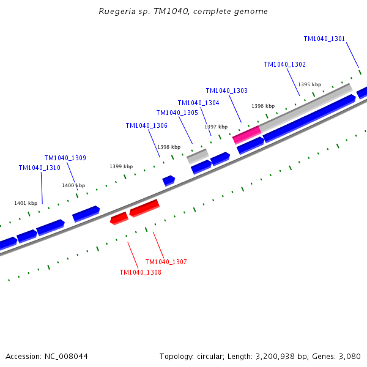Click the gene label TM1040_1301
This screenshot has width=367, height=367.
pyautogui.click(x=324, y=39)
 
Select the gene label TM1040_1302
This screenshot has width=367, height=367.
pyautogui.click(x=284, y=64)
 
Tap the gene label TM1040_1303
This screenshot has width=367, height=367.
pyautogui.click(x=226, y=91)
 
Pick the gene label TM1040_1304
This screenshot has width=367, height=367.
pyautogui.click(x=198, y=103)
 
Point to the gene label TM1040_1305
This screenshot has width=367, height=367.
pyautogui.click(x=177, y=113)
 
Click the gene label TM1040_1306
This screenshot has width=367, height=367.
pyautogui.click(x=146, y=125)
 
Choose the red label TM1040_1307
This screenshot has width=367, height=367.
pyautogui.click(x=166, y=262)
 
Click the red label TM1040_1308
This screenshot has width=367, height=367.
pyautogui.click(x=140, y=272)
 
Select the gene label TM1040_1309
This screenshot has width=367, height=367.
pyautogui.click(x=65, y=158)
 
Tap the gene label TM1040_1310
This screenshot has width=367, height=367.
pyautogui.click(x=39, y=168)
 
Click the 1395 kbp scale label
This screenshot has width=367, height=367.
pyautogui.click(x=309, y=84)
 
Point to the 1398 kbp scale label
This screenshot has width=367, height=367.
pyautogui.click(x=169, y=147)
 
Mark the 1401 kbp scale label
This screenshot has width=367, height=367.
pyautogui.click(x=26, y=203)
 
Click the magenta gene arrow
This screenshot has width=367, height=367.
pyautogui.click(x=247, y=135)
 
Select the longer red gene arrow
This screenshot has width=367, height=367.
pyautogui.click(x=144, y=208)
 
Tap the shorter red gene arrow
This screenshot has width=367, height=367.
pyautogui.click(x=119, y=218)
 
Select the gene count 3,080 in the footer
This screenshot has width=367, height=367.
pyautogui.click(x=349, y=356)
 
